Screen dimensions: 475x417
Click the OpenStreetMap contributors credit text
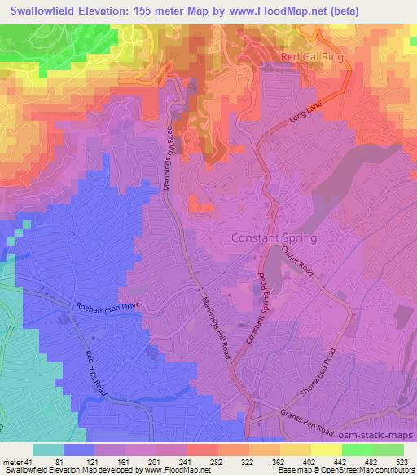[x=363, y=471]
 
